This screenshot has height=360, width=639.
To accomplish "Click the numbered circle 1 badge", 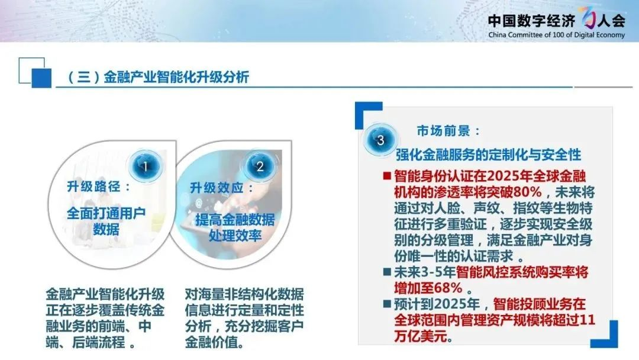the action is pos(146,166).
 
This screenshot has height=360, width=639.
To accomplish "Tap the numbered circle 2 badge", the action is pos(260,166).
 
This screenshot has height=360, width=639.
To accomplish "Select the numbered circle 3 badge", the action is pos(380,140).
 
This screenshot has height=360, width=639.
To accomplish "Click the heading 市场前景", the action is pos(443,131).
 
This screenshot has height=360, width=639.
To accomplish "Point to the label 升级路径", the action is pos(93,187).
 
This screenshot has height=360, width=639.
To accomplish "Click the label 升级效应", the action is pos(217,188).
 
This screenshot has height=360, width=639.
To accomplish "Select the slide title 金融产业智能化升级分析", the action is pos(176,77).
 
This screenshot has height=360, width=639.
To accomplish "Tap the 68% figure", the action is pos(448,288).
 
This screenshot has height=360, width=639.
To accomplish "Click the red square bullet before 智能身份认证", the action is pos(387,176).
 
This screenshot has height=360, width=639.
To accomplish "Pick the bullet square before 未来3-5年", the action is pos(387,272).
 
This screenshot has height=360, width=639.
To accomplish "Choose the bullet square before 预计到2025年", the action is pos(387,304).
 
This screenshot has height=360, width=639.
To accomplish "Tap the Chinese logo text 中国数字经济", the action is pos(531,20).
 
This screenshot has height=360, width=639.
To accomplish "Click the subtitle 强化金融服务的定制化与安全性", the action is pos(488,155).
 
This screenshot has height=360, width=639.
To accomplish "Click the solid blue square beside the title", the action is pos(41,78).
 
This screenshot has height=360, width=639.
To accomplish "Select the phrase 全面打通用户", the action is pos(106,213).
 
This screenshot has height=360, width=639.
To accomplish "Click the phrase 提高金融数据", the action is pos(235,220).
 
